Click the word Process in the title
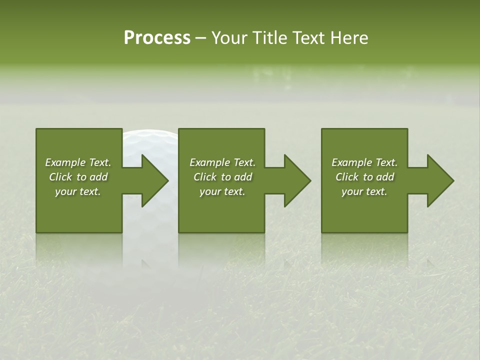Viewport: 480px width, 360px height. click(157, 38)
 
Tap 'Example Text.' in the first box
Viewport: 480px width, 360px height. click(78, 162)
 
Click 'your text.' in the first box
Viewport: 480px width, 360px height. click(78, 191)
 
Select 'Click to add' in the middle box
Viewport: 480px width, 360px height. click(222, 177)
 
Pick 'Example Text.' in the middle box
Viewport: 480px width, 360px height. click(222, 162)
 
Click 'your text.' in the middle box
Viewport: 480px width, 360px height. click(222, 191)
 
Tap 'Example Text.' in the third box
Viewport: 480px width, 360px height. click(364, 162)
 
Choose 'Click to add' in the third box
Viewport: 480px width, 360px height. click(364, 177)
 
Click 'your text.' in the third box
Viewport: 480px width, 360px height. click(364, 191)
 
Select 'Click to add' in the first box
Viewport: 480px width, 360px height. click(78, 177)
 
